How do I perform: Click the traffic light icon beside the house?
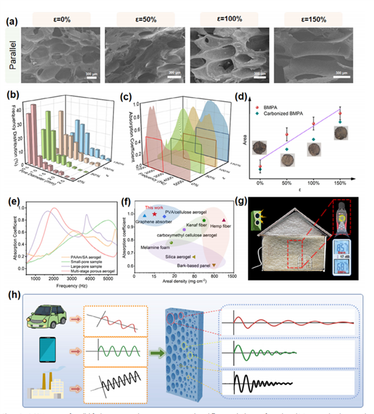point(255,218)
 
